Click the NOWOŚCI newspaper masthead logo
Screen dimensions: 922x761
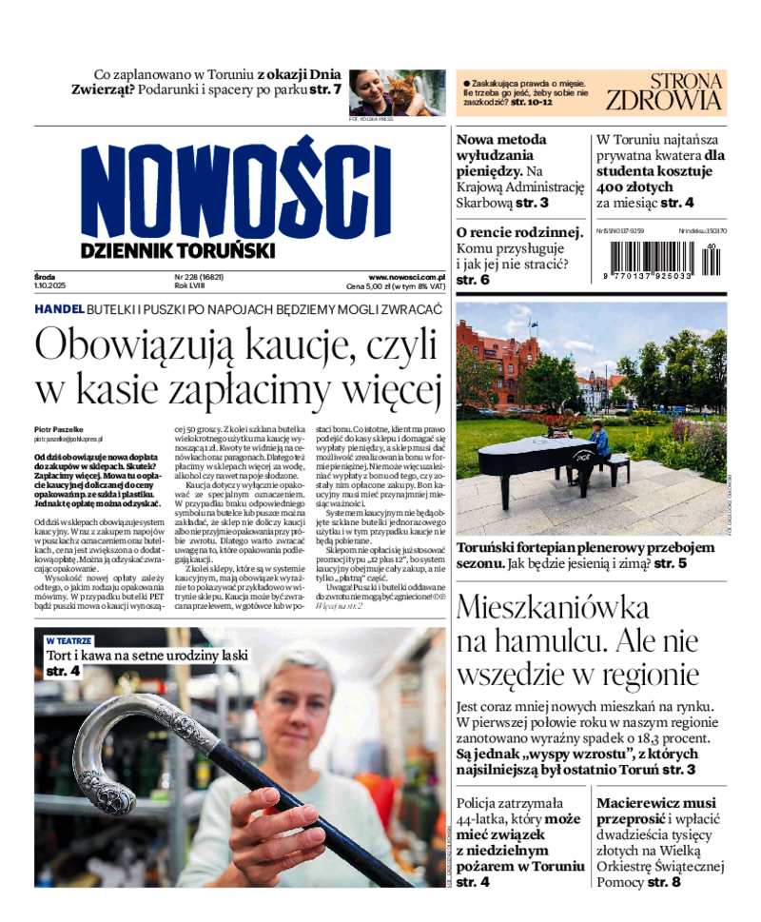[x=235, y=190]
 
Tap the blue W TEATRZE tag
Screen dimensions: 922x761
[x=68, y=641]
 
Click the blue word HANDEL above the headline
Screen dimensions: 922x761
[x=59, y=310]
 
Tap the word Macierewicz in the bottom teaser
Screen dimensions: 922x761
[x=643, y=803]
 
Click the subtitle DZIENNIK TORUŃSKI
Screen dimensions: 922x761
[x=178, y=250]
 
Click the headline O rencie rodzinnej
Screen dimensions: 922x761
[x=518, y=232]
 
